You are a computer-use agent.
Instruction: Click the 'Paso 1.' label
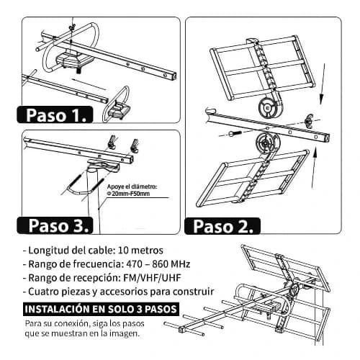point(55,115)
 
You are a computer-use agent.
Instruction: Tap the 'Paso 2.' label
point(222,226)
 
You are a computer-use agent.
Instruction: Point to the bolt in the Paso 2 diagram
point(235,133)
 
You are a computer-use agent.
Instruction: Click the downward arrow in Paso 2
point(323,84)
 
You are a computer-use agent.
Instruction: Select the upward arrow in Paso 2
point(314,168)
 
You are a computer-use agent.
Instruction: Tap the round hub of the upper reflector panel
point(268,108)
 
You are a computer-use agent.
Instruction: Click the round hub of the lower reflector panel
point(266,143)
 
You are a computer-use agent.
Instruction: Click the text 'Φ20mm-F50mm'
point(128,194)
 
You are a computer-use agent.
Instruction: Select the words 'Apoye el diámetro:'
point(132,186)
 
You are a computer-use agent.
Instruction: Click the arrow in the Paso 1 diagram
point(89,84)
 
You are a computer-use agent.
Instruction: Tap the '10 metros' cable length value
point(141,251)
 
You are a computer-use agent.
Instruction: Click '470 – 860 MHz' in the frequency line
point(158,264)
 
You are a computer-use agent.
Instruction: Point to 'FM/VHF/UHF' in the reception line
point(152,278)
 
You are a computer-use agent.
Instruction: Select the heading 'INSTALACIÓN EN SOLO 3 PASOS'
point(101,309)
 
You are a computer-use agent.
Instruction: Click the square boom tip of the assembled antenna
point(181,329)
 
